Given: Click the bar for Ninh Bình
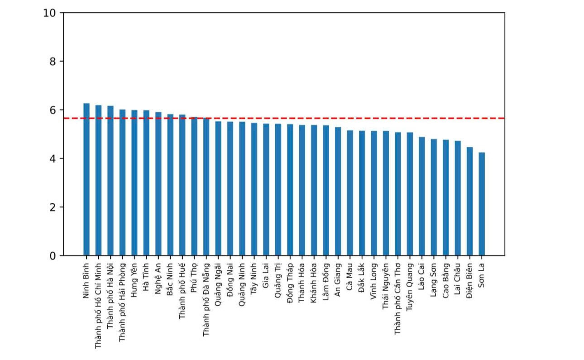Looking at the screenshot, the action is pos(86,179).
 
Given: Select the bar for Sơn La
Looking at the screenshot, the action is pos(482,204).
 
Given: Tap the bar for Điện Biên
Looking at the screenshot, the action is pos(469,202).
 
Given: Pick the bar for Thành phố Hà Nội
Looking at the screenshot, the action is pos(110,181).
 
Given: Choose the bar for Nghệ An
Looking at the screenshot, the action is pos(158,184).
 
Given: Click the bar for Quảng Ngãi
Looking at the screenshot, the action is pos(218,189).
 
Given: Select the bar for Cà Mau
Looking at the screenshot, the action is pos(350,193).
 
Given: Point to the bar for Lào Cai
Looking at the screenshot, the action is pos(422,196).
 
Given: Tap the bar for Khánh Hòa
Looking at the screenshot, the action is pos(314,190).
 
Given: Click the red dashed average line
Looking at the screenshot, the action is pos(284,119).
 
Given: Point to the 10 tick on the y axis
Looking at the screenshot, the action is pos(62,13).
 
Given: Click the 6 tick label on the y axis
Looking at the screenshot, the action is pos(53,110).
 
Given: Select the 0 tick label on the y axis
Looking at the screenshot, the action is pos(53,256).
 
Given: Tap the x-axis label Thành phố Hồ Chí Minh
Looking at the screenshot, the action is pos(98,306).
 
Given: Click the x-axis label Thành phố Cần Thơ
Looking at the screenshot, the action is pos(397,299).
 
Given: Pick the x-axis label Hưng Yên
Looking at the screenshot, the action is pos(134,280).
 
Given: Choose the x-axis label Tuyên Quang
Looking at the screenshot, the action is pos(410,287).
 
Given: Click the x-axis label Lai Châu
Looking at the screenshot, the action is pos(458,279).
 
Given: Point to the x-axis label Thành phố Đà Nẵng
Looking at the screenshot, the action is pos(206,300).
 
